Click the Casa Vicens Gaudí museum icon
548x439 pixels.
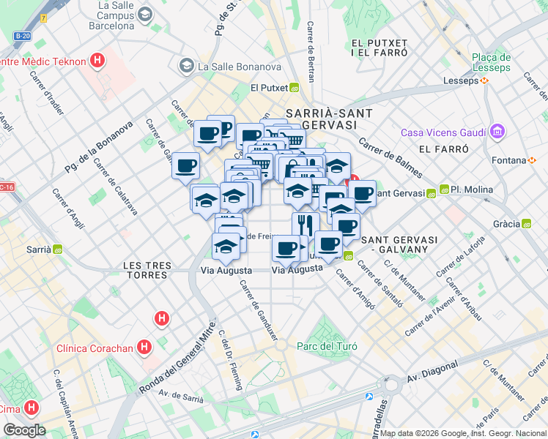point(497,132)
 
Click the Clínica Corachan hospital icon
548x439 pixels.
point(145,347)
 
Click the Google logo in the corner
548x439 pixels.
point(23,429)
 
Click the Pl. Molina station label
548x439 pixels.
point(470,190)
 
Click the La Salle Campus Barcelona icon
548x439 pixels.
point(145,14)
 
